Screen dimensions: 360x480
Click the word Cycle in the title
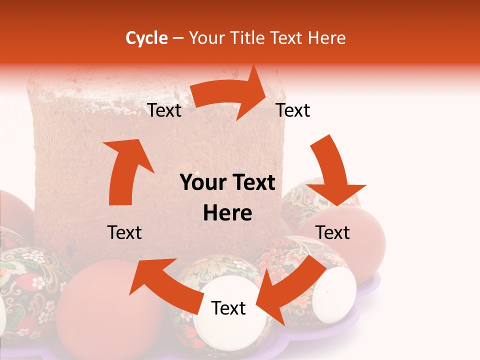coord(146,38)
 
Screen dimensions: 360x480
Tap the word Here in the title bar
coord(326,38)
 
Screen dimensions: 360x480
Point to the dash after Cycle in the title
coord(178,38)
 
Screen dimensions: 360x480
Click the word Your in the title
coord(205,38)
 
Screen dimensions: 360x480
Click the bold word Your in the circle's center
coord(204,183)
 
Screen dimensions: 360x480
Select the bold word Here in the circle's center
coord(227,213)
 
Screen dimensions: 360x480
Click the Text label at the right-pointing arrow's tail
coord(164,110)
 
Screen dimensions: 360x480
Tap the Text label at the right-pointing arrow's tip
coord(293,110)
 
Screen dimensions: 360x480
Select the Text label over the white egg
coord(228,308)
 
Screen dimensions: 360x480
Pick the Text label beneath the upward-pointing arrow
coord(124,232)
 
